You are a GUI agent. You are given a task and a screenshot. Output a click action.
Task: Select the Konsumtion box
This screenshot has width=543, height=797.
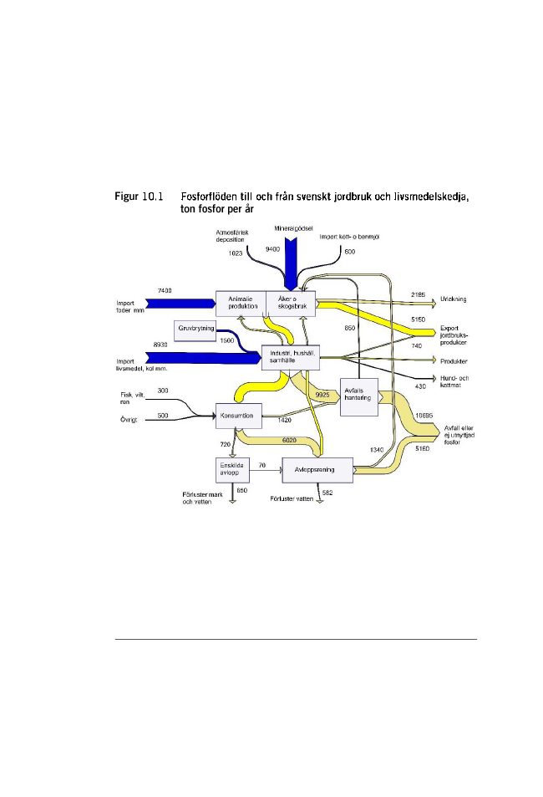click(x=240, y=413)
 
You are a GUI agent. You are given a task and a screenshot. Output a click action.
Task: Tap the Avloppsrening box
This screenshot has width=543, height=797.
click(x=318, y=469)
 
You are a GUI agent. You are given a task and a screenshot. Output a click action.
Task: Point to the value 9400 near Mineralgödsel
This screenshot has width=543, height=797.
click(x=273, y=249)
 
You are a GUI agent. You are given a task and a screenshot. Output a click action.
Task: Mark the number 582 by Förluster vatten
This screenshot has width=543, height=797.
click(x=327, y=493)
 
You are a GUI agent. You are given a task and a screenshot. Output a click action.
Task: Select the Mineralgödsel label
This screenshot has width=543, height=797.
click(x=292, y=227)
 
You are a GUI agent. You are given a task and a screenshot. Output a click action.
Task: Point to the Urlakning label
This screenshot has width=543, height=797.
click(x=453, y=297)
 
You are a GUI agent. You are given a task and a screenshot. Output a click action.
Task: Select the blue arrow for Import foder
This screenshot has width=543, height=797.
click(x=180, y=303)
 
